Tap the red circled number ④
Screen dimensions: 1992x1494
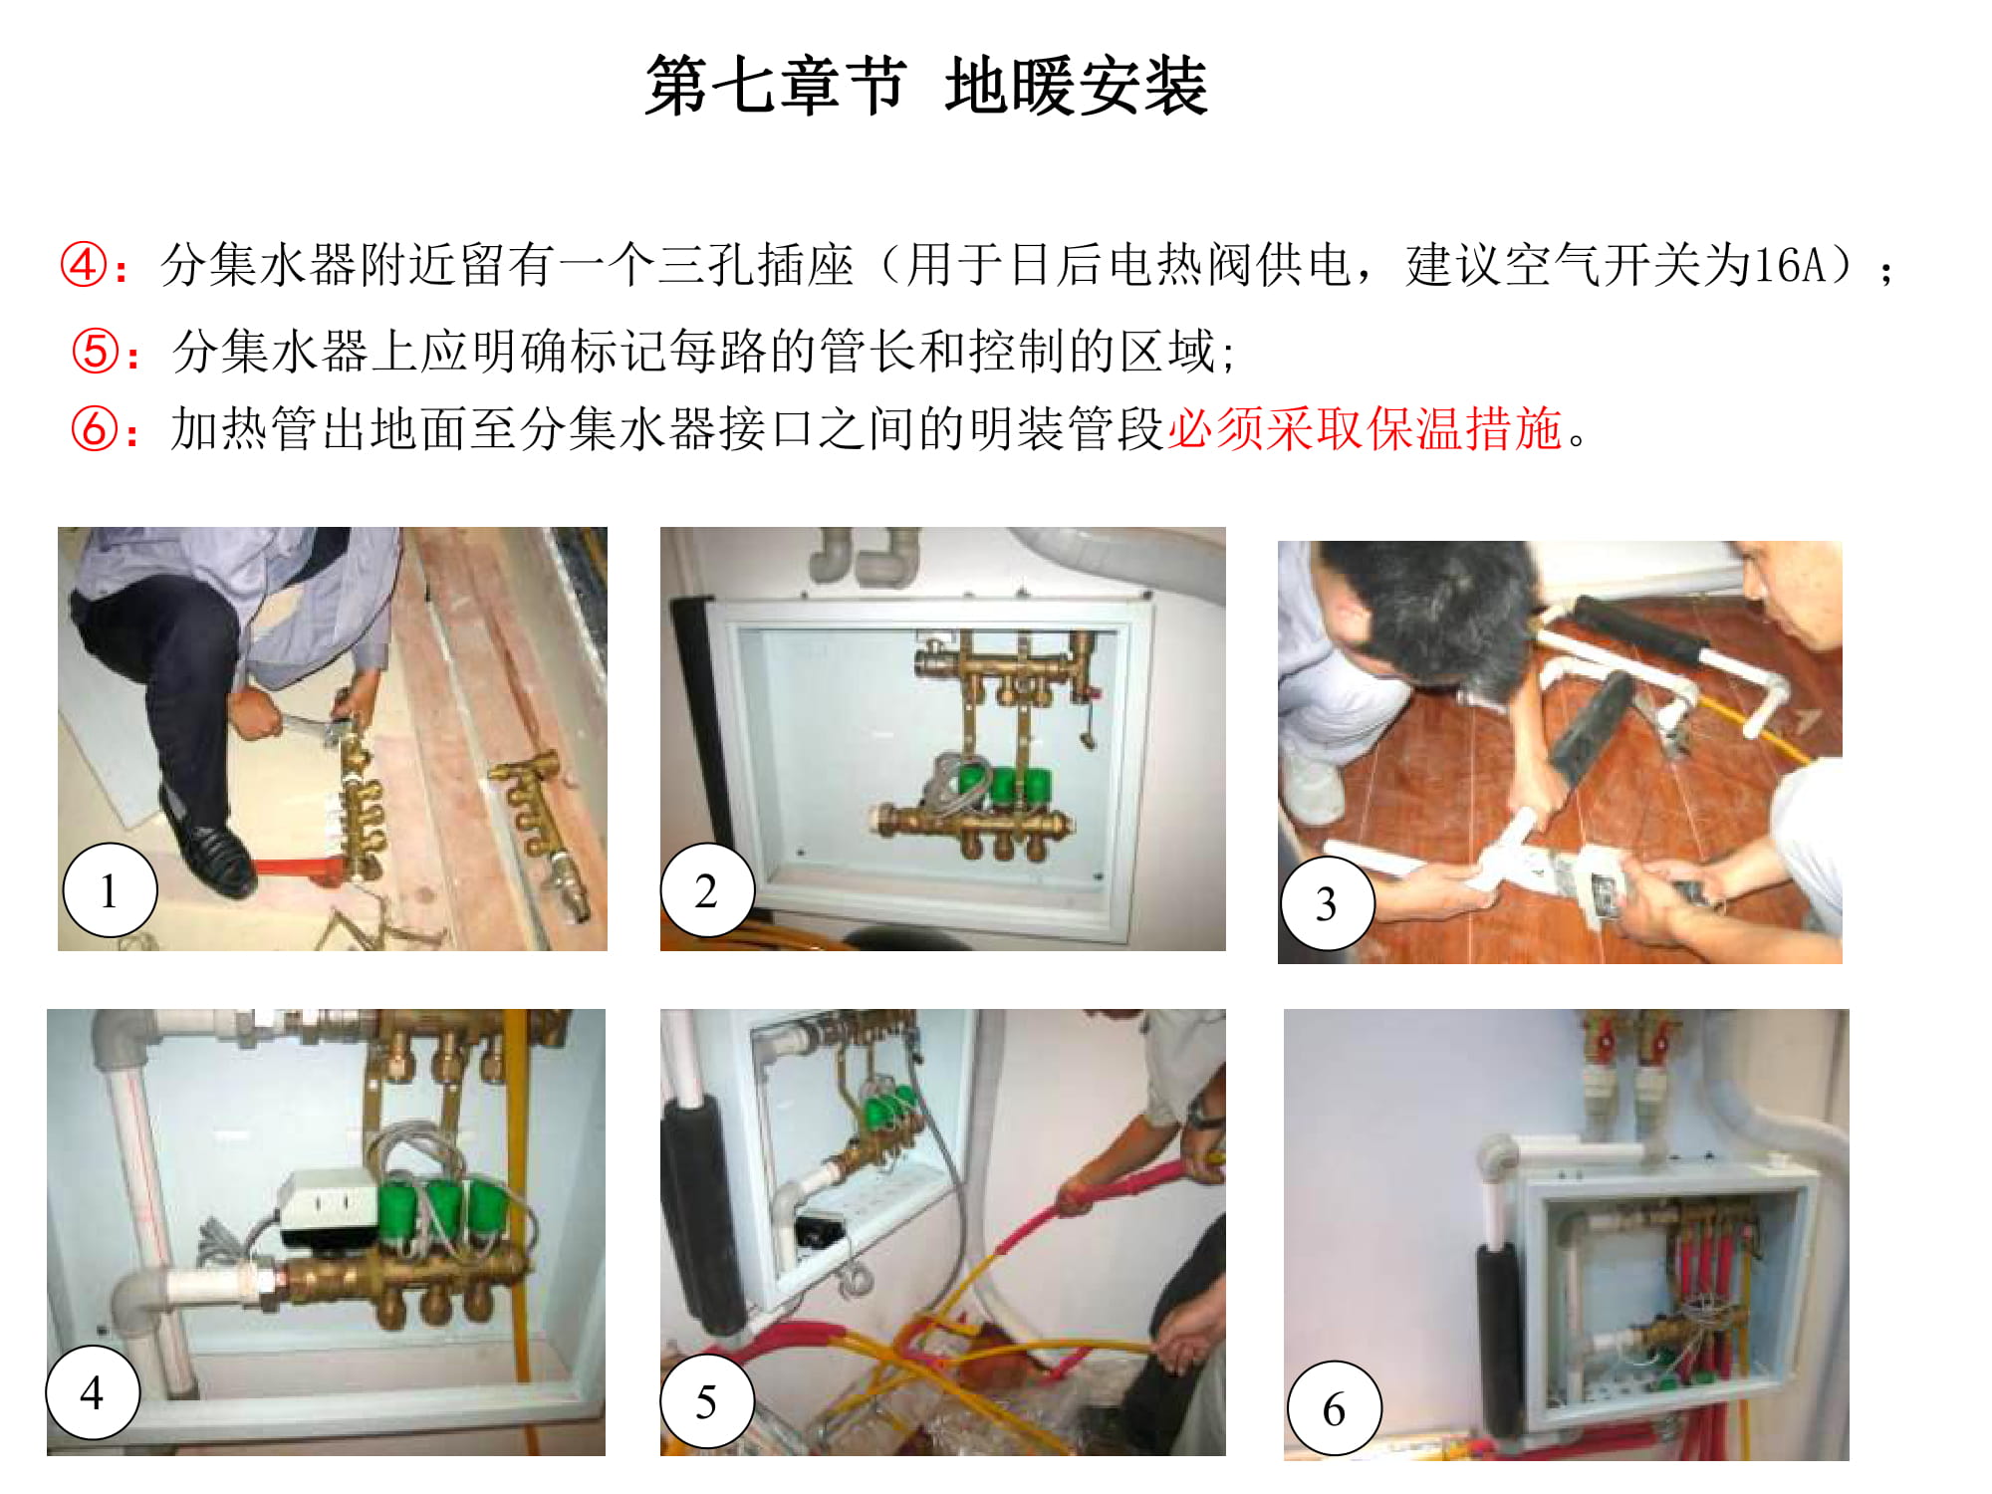pos(84,266)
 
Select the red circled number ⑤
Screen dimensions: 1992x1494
pos(96,352)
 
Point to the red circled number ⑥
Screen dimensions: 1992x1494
pos(96,429)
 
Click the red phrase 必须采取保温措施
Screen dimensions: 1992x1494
pos(1365,429)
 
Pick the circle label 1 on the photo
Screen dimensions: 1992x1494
pos(110,889)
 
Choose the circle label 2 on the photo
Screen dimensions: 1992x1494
pos(706,889)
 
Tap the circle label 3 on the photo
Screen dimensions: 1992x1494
pos(1327,903)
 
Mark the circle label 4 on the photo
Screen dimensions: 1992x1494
pos(93,1391)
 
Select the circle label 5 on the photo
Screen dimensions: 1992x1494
pos(706,1401)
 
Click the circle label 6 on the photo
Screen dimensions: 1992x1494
pos(1334,1408)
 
